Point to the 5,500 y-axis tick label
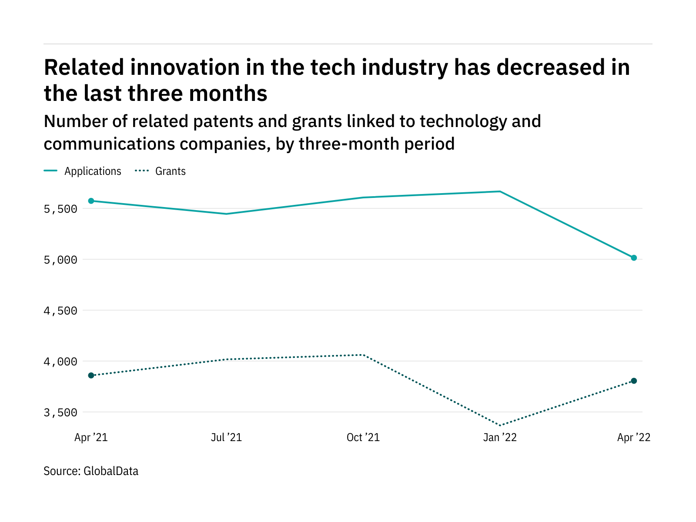point(60,209)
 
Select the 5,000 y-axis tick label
point(60,260)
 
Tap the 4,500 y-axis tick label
point(60,311)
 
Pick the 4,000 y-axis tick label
point(60,361)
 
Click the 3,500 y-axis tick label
point(60,412)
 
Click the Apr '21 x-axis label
point(91,437)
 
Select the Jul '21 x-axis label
point(226,437)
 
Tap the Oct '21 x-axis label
point(363,437)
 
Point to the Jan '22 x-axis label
point(500,437)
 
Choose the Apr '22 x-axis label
point(634,437)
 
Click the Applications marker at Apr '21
point(91,201)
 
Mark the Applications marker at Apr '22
point(634,258)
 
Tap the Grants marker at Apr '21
point(91,375)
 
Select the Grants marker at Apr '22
point(634,381)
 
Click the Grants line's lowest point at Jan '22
point(500,425)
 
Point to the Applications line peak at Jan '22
point(500,191)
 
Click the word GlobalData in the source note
point(111,471)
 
